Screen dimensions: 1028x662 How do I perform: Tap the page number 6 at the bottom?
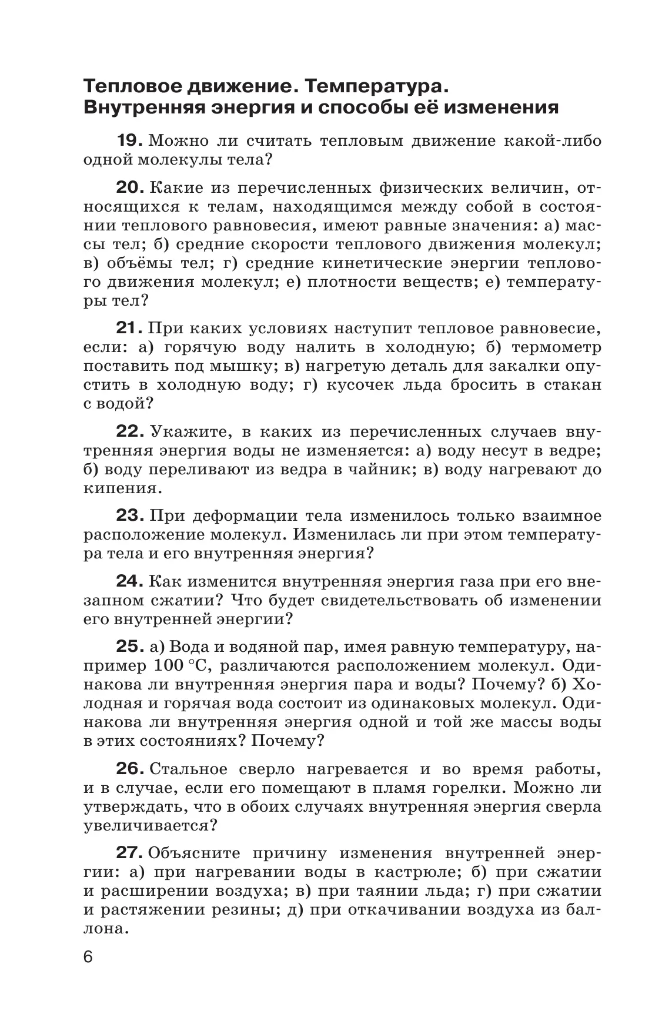[x=88, y=973]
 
